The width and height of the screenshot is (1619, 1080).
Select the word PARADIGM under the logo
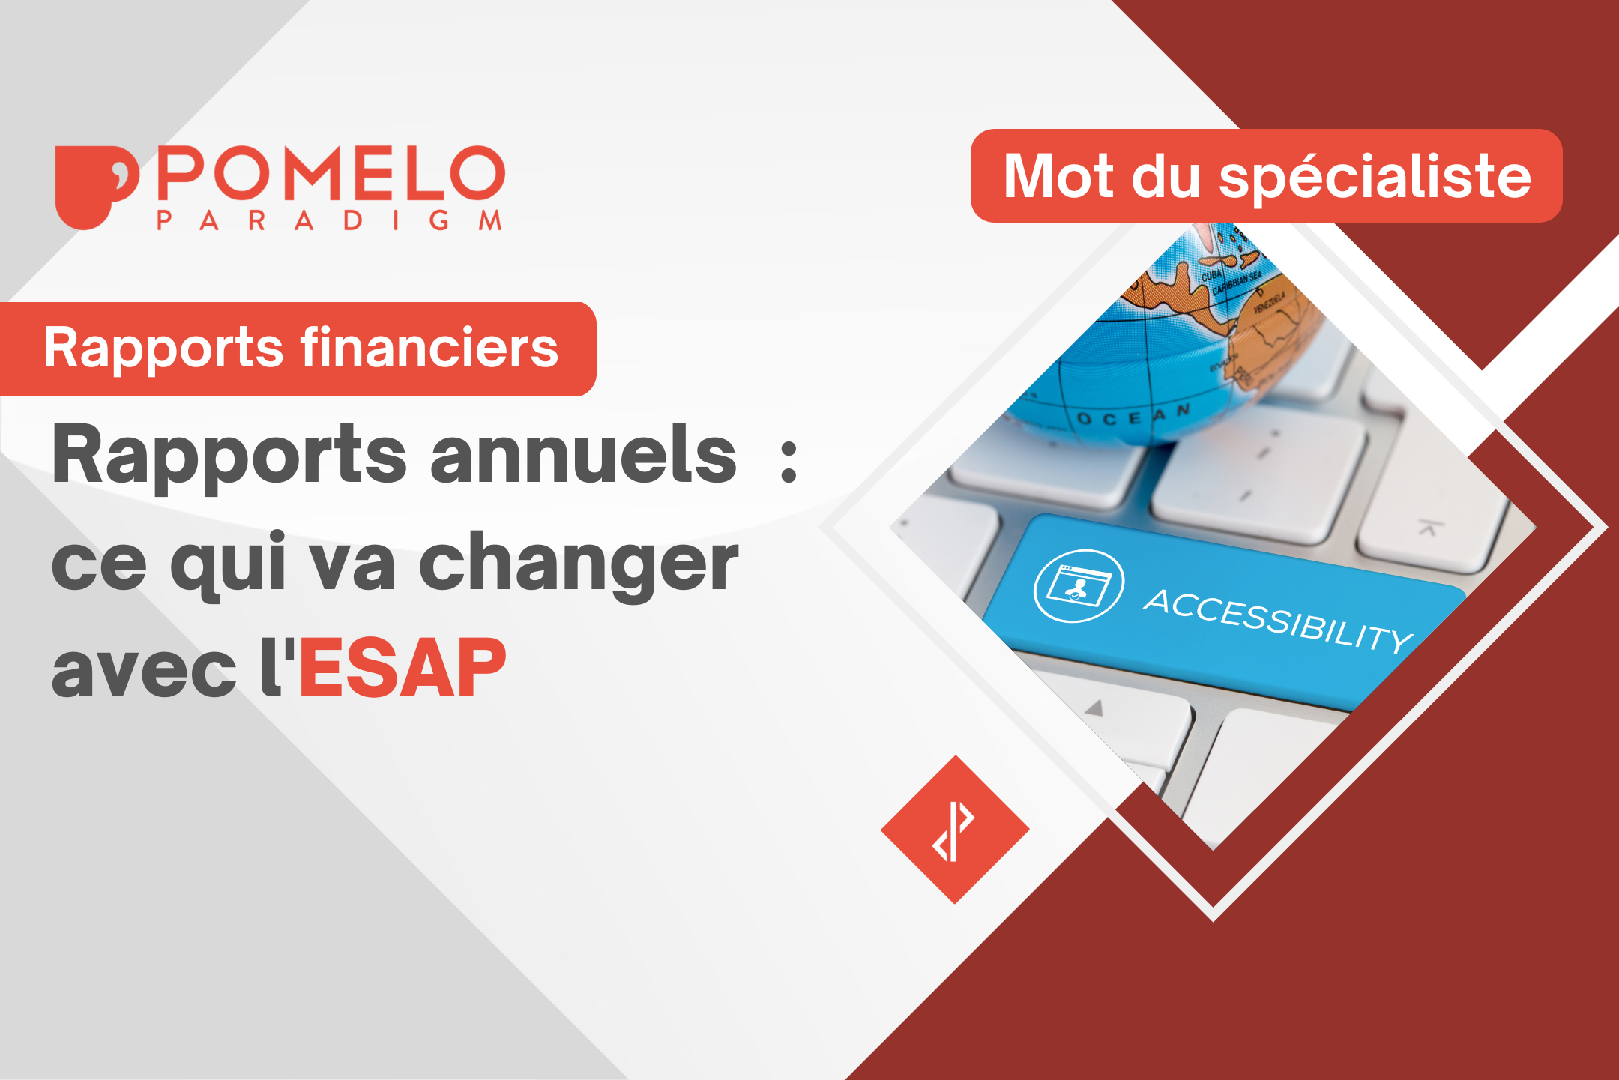tap(329, 220)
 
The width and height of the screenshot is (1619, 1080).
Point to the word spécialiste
tap(1375, 177)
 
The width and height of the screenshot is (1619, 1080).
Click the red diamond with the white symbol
tap(954, 830)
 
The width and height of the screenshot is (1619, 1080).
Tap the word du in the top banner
tap(1166, 177)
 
